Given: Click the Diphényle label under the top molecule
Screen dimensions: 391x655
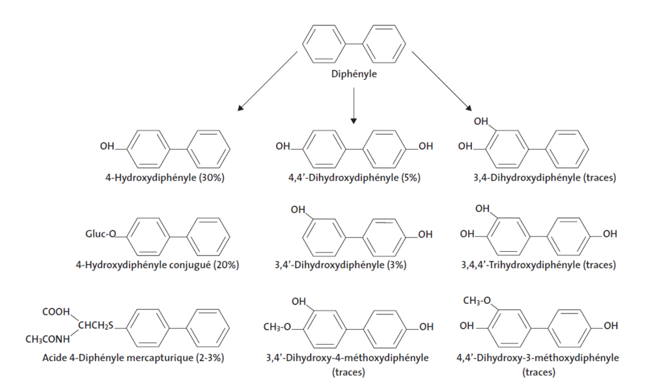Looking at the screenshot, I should [354, 74].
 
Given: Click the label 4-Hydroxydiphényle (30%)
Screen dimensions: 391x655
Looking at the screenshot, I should [165, 178].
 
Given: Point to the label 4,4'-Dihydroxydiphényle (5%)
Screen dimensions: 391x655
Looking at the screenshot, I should [354, 178].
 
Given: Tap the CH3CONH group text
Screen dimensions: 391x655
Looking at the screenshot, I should [48, 338].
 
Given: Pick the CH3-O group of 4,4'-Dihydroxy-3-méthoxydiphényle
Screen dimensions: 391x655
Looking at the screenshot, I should [478, 300].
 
